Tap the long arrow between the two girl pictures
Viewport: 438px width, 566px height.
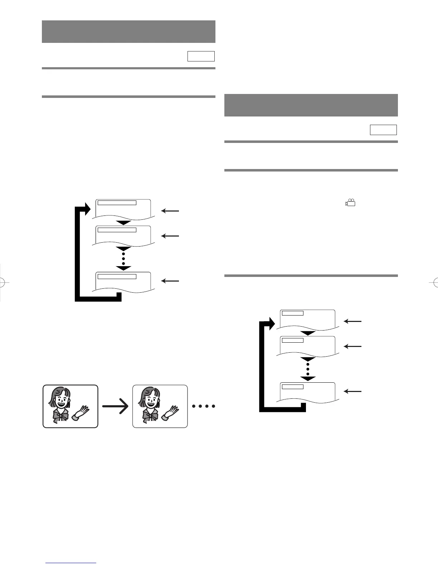pyautogui.click(x=115, y=406)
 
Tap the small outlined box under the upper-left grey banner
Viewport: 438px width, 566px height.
pyautogui.click(x=201, y=56)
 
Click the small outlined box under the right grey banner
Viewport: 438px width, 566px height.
pyautogui.click(x=383, y=130)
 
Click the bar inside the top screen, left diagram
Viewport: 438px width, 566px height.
pyautogui.click(x=117, y=203)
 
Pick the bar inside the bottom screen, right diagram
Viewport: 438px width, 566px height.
pyautogui.click(x=292, y=387)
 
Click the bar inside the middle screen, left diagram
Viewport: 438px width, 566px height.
pyautogui.click(x=117, y=230)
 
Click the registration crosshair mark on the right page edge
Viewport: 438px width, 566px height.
pyautogui.click(x=433, y=282)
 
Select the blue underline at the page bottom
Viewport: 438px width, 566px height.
pyautogui.click(x=71, y=563)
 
